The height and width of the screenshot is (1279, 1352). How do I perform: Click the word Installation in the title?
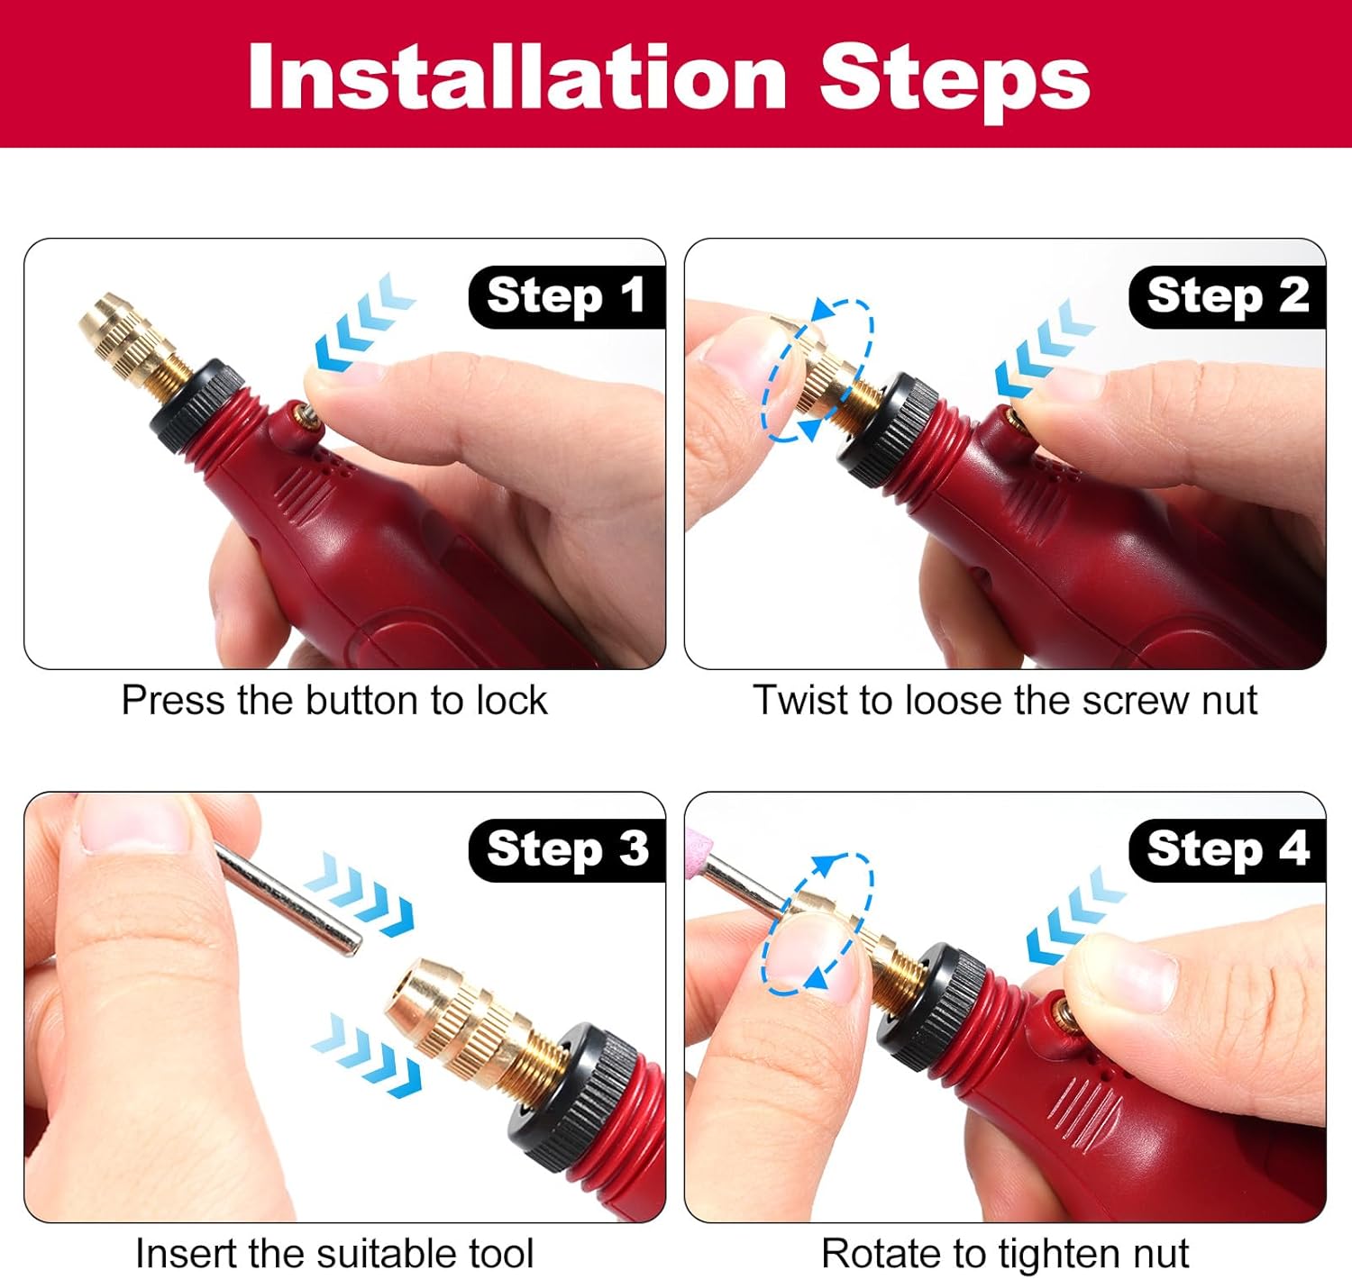click(517, 77)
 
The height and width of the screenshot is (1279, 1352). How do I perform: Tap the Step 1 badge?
click(567, 297)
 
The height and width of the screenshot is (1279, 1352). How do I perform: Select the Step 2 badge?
click(1227, 297)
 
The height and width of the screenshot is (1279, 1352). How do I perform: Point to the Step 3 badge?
click(567, 850)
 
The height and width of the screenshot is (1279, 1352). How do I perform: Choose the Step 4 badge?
click(1227, 850)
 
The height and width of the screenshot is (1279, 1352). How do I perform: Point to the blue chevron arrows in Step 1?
click(364, 323)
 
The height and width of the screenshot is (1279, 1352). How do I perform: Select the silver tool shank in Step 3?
click(288, 899)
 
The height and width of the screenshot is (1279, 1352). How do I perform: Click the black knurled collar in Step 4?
click(933, 1008)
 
